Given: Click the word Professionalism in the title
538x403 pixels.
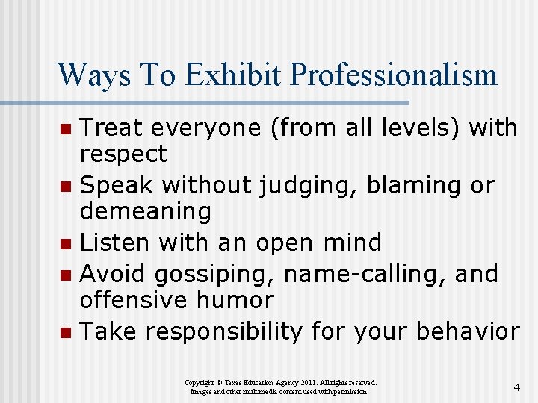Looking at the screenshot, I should point(394,75).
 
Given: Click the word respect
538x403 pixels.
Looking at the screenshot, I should point(123,154).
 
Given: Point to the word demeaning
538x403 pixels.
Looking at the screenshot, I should point(146,212).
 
